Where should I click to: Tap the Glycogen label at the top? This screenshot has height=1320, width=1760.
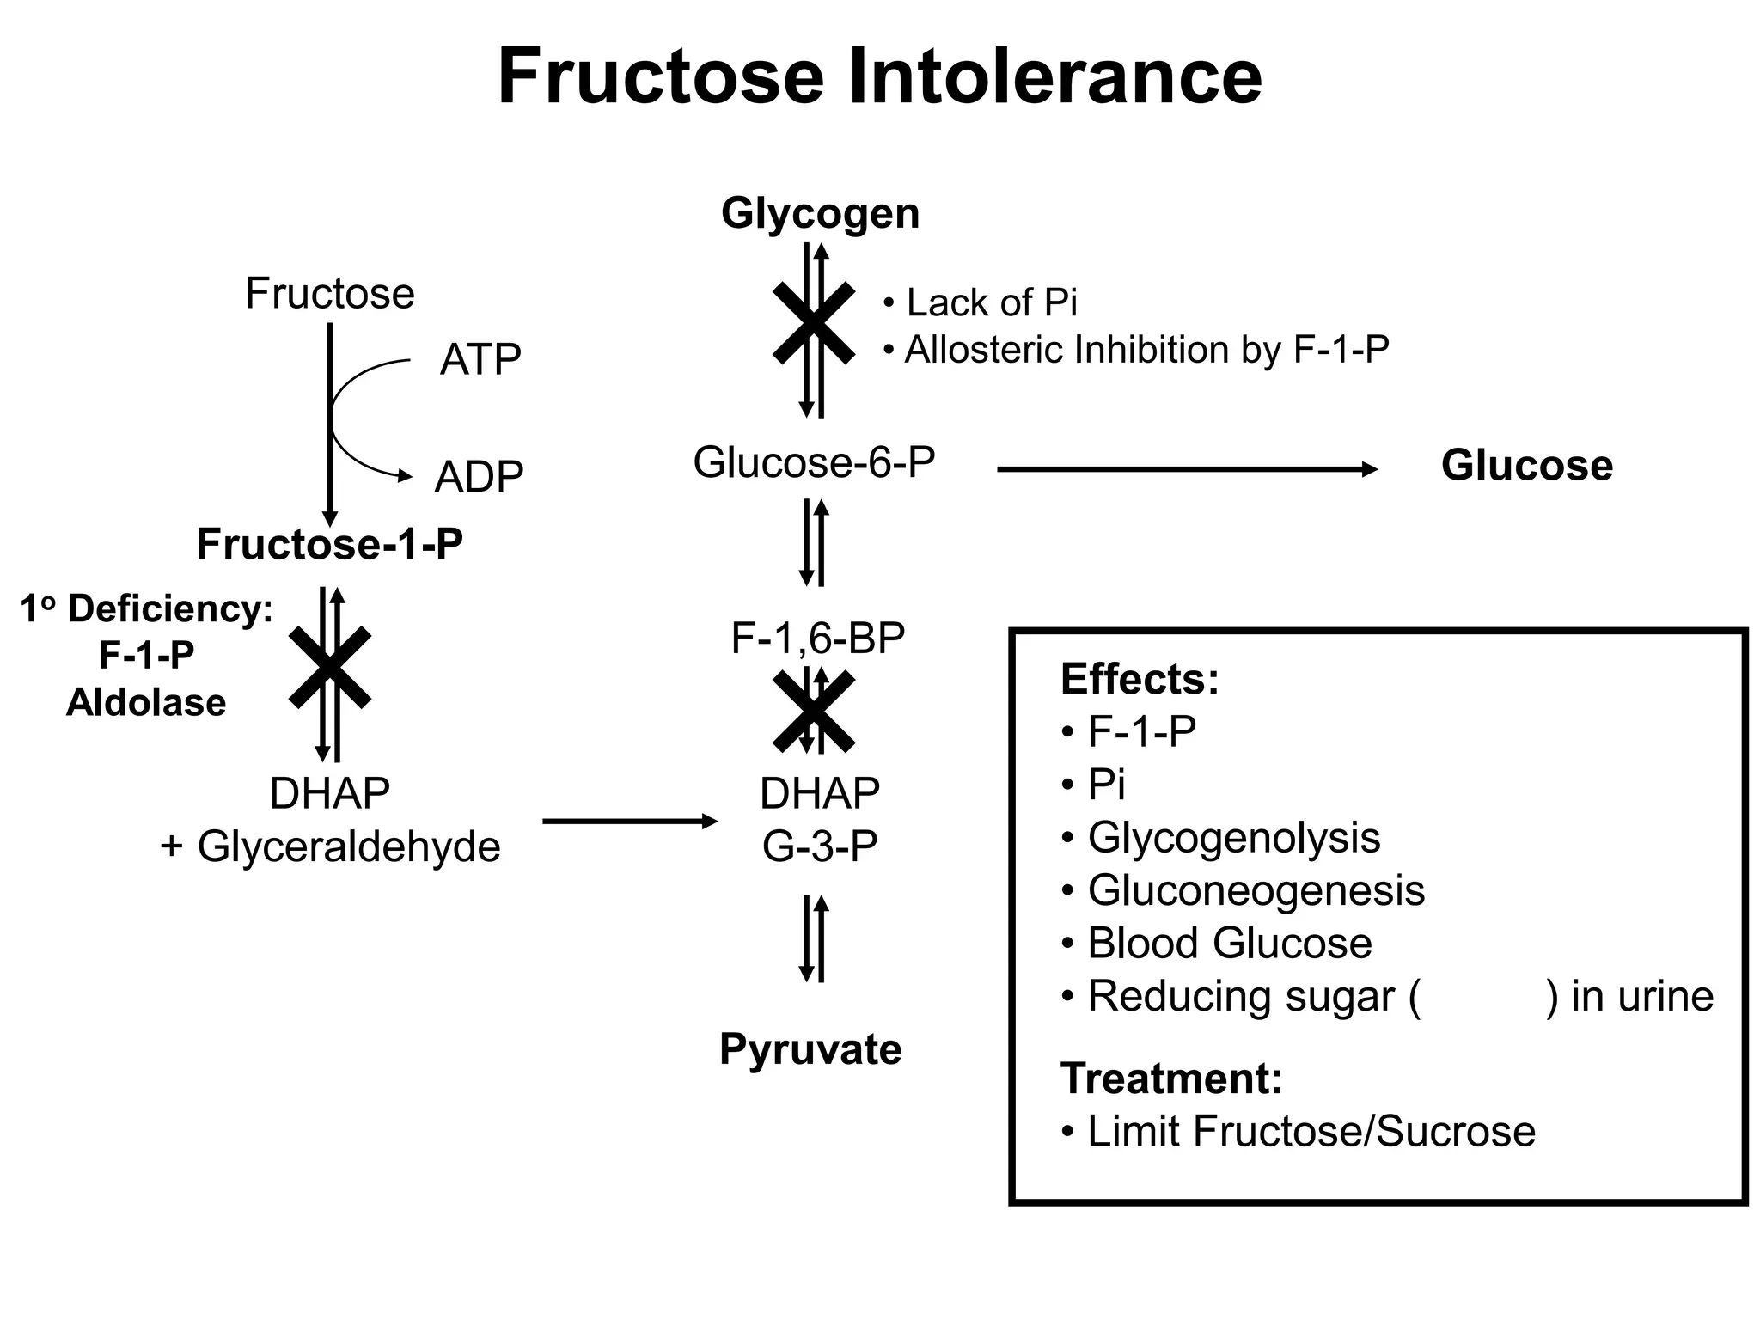click(x=820, y=212)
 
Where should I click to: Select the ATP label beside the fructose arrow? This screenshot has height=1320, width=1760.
click(x=480, y=359)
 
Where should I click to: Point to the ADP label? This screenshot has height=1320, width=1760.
click(x=479, y=477)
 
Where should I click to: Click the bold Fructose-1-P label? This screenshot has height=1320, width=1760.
click(x=329, y=544)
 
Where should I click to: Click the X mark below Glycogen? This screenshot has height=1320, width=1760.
click(x=813, y=323)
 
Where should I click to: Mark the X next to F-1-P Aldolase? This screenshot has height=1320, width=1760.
click(x=329, y=668)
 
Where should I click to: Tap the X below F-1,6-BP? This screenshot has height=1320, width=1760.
click(x=813, y=711)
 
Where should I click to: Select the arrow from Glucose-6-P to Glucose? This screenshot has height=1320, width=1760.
click(x=1186, y=469)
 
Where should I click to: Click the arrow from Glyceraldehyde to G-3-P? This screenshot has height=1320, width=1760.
click(x=629, y=822)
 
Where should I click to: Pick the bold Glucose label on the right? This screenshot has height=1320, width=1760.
click(x=1526, y=466)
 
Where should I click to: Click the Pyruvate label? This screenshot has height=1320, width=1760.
click(x=810, y=1049)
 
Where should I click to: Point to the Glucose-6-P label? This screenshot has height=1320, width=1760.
click(x=813, y=462)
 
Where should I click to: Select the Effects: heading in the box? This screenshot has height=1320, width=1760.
click(x=1140, y=679)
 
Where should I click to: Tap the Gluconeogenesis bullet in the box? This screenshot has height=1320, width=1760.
click(x=1255, y=890)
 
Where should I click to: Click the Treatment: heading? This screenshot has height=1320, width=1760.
click(x=1170, y=1078)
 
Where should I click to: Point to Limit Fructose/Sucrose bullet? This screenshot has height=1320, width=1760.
click(x=1310, y=1131)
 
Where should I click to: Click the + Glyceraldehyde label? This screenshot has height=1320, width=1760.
click(x=330, y=846)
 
